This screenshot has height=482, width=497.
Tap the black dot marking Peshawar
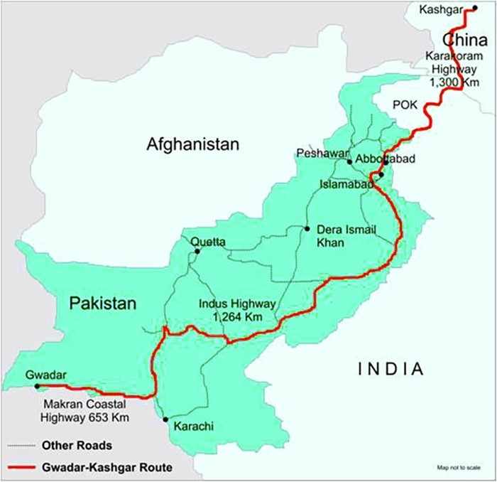coord(350,162)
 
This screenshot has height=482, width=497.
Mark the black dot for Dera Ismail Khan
coord(307,228)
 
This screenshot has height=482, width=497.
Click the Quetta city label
coord(208,242)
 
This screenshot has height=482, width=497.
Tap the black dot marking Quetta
coord(197,251)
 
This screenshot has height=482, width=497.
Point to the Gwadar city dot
coord(37,387)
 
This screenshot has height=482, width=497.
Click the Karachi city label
coord(193,427)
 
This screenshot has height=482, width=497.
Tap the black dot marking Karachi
coord(165,419)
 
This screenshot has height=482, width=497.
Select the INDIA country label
coord(390,369)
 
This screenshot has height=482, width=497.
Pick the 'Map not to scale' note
coord(458,467)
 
